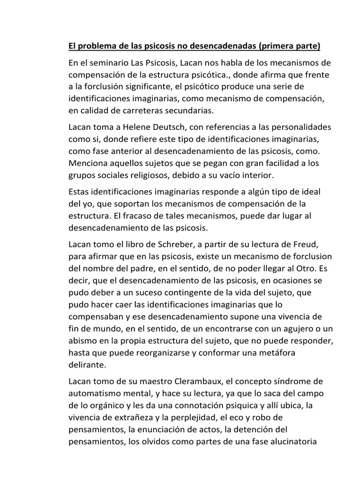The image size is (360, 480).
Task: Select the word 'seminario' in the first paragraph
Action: click(x=108, y=63)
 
